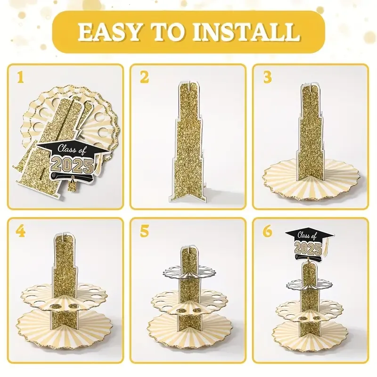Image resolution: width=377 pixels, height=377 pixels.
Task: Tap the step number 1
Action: click(x=19, y=77)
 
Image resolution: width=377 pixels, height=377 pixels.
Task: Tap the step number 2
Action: click(x=144, y=77)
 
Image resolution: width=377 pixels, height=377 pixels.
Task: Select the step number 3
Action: click(x=267, y=77)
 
